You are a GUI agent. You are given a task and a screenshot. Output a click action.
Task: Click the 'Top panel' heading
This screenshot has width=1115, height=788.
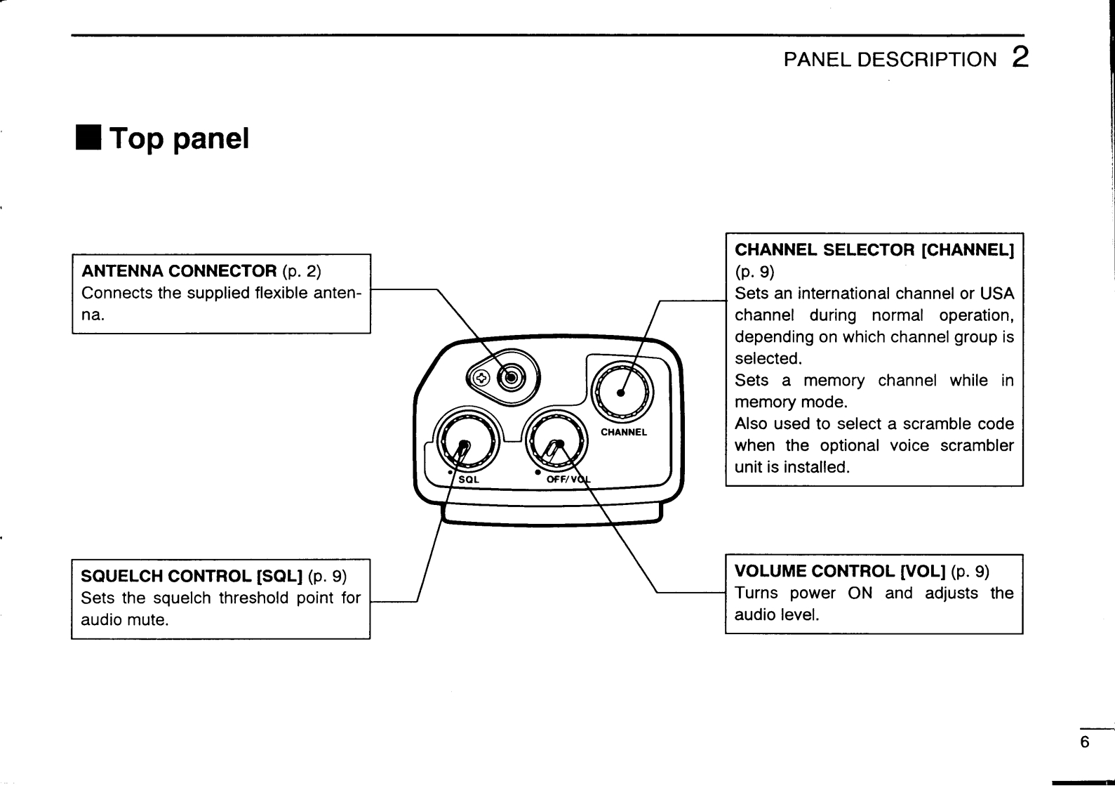180,138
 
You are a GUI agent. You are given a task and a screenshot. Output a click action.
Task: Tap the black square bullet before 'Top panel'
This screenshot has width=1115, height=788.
89,138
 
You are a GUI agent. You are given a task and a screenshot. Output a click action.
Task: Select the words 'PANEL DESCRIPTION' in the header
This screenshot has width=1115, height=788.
889,59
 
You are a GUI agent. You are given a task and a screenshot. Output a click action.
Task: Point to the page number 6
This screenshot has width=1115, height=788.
1085,742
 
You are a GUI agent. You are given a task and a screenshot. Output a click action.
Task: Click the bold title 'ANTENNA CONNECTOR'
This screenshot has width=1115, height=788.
179,271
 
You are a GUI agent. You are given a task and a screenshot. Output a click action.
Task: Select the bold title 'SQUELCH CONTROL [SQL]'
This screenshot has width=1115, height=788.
192,577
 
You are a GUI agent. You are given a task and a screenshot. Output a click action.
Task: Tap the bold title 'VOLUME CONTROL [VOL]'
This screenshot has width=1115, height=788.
841,571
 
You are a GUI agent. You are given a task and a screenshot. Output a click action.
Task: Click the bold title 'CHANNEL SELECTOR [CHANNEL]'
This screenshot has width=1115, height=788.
874,250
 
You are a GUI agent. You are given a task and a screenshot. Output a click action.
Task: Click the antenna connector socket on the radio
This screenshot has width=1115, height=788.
511,378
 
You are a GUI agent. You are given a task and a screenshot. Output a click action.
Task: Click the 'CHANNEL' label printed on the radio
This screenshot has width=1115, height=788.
624,432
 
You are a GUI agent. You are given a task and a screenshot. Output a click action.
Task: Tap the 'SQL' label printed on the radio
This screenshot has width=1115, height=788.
469,480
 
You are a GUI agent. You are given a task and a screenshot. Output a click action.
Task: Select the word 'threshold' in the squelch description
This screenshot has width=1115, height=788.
252,598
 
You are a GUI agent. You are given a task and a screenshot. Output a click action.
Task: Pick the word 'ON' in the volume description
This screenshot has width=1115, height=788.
860,593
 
